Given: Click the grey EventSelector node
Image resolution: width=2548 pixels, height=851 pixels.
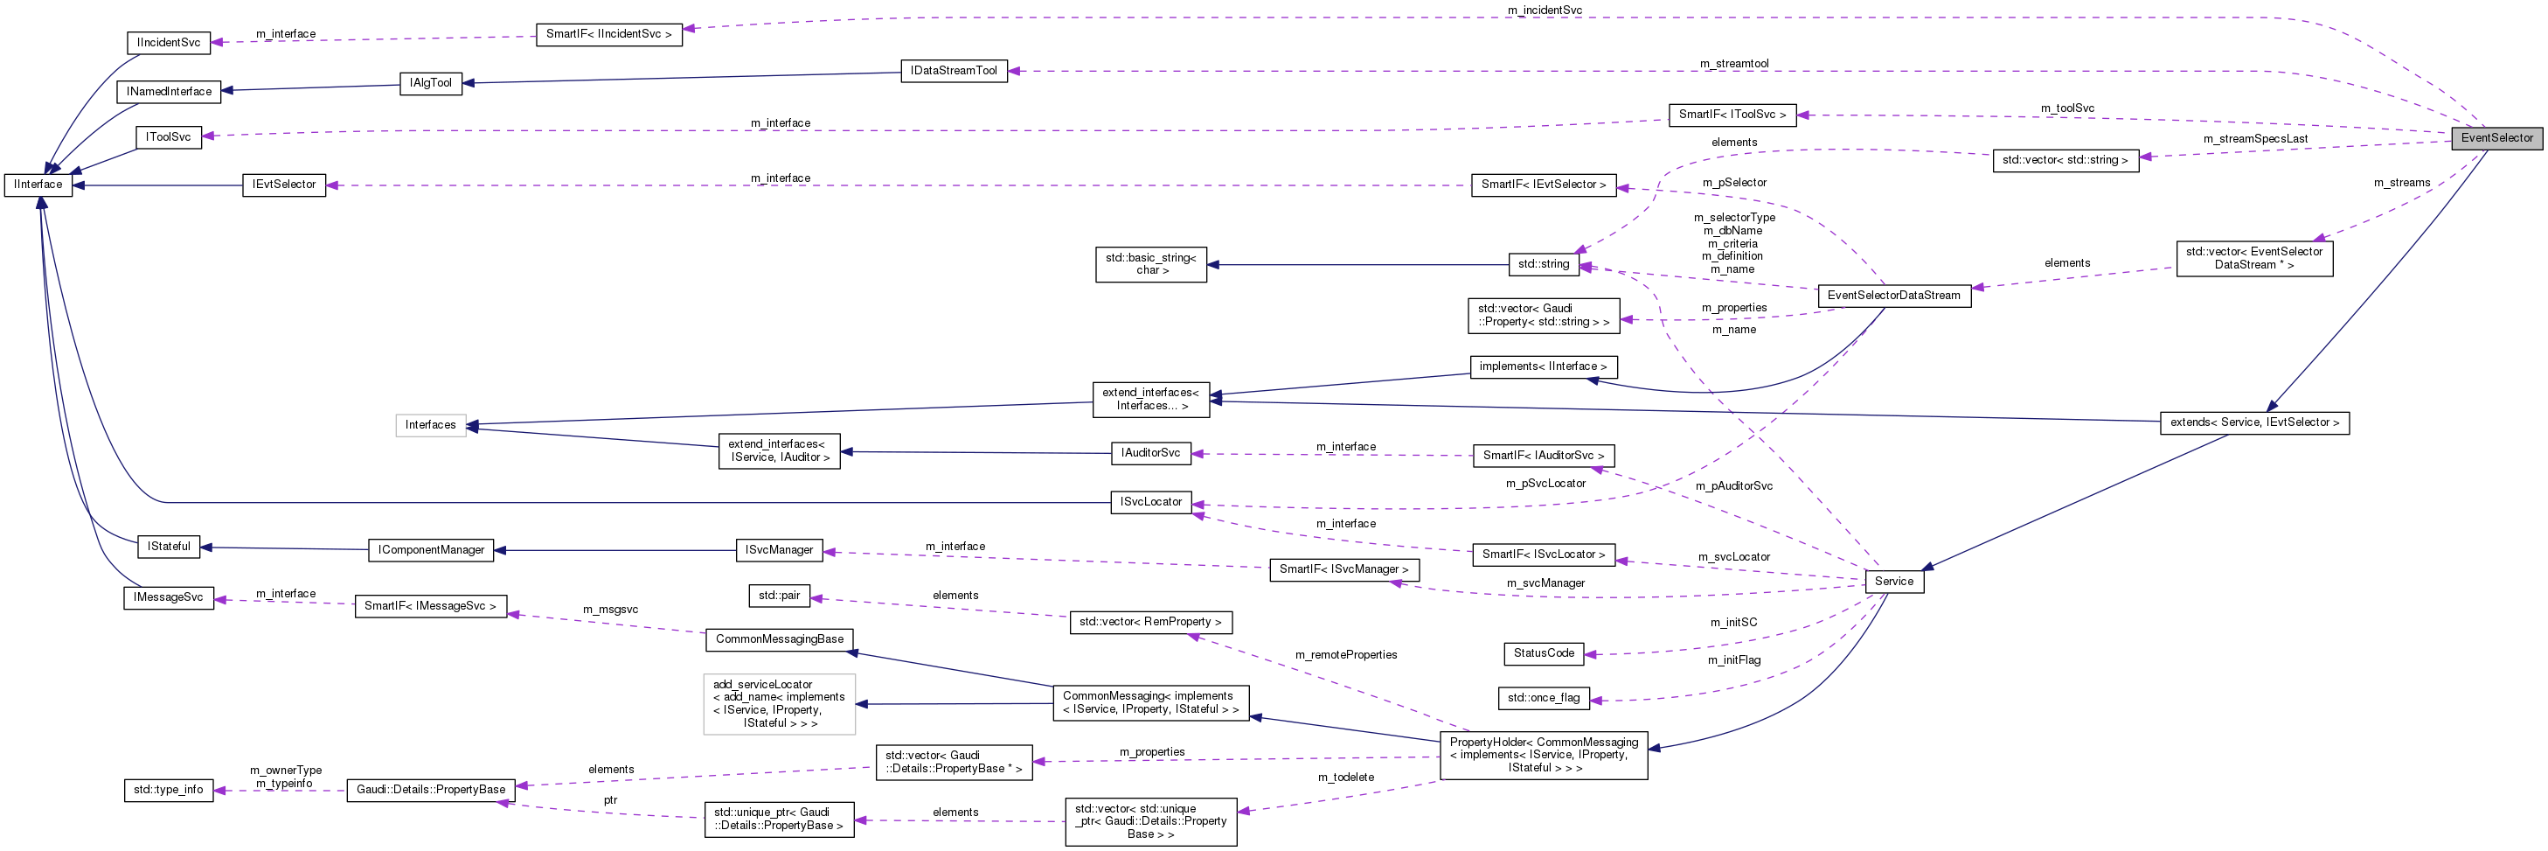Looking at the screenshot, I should [x=2496, y=138].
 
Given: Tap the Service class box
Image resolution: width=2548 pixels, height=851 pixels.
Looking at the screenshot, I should [x=1893, y=582].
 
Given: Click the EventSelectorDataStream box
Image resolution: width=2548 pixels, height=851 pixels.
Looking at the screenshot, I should [x=1893, y=296].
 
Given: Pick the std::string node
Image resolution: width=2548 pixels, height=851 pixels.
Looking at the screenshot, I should [x=1543, y=264].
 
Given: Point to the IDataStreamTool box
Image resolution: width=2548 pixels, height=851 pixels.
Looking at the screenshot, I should [x=954, y=71].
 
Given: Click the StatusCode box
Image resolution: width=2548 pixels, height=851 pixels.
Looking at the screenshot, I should [x=1543, y=654].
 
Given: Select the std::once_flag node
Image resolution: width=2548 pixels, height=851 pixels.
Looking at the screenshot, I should [x=1543, y=699].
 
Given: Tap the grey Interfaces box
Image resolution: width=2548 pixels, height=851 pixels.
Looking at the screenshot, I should [x=430, y=425].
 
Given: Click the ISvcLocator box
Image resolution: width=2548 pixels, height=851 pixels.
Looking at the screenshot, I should [x=1150, y=503].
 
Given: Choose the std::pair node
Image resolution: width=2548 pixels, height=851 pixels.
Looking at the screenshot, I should [x=779, y=596].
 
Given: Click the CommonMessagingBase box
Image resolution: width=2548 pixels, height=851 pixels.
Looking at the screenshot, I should [x=780, y=640].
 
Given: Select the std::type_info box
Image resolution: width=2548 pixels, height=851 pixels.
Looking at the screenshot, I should [x=168, y=791].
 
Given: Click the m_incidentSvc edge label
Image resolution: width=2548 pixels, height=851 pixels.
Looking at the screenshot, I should [x=1544, y=10].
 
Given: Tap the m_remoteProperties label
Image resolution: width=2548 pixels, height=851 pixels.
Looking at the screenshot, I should [x=1345, y=655].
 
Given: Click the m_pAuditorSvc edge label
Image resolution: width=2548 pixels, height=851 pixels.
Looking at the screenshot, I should [x=1733, y=487].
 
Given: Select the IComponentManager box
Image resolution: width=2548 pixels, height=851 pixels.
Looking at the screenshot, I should [x=430, y=550].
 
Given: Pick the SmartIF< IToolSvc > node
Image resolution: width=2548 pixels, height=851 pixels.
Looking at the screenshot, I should [x=1732, y=115].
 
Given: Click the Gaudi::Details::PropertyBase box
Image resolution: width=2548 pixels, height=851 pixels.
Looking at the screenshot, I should [x=430, y=791].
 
